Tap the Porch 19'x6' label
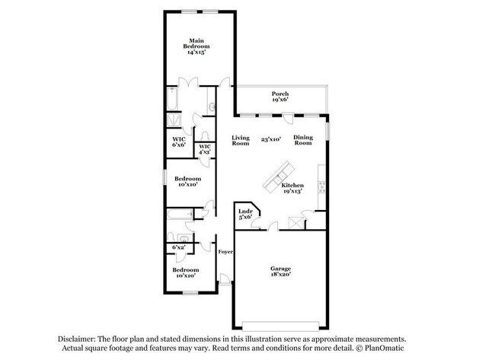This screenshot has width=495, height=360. pos(280,97)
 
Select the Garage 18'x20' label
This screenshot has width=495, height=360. pos(280,272)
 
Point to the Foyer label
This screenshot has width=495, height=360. pos(225,252)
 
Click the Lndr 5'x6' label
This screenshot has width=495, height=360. pos(245,214)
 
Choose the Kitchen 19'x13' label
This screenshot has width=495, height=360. pos(292,188)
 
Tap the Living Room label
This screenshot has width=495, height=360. pos(241,140)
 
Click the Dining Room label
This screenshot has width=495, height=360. pos(303,140)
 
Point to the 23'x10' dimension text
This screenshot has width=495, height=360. pos(271,139)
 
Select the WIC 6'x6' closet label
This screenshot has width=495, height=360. pos(179,142)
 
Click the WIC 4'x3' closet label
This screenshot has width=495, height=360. pos(205,149)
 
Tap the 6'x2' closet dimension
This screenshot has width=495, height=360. pos(178,247)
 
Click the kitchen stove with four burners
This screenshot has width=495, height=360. pos(321,187)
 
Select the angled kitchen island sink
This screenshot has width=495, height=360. pos(280,177)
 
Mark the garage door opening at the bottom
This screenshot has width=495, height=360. pos(280,326)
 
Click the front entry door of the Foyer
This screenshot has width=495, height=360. pos(225,279)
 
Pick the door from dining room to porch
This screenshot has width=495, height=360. pos(288,118)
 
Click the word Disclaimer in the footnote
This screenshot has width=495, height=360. pos(76,339)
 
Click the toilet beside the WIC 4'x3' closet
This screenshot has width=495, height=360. pos(205,136)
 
